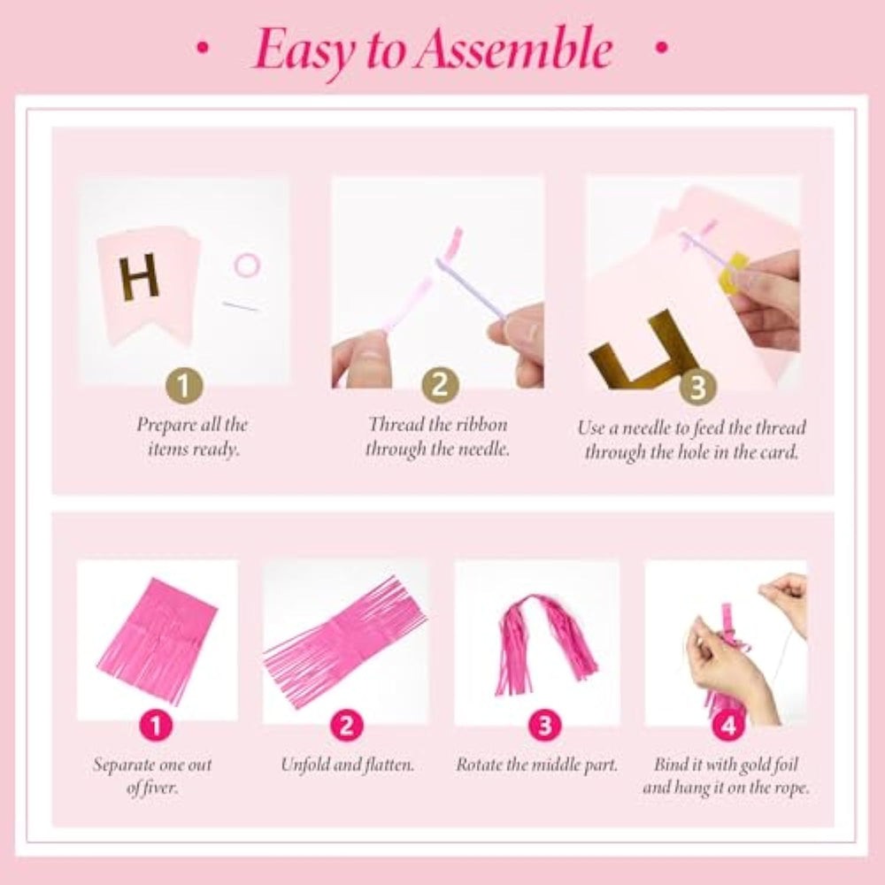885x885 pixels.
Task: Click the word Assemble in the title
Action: [513, 50]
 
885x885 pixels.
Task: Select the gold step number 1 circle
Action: [183, 387]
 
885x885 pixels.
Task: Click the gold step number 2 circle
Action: [440, 386]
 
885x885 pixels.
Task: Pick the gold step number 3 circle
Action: [697, 388]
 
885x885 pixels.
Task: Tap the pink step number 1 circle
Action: [156, 726]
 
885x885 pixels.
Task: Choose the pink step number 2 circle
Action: [347, 726]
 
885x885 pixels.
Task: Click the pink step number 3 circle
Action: [544, 726]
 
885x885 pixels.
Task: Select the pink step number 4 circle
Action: [728, 726]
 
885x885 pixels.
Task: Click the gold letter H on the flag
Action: [139, 276]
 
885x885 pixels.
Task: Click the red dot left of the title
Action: [202, 48]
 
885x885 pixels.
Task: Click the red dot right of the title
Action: [661, 48]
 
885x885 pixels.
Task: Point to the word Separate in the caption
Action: [119, 766]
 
